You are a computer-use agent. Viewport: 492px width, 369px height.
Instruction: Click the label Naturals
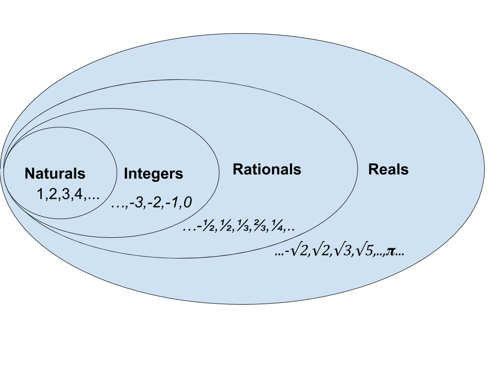tap(55, 173)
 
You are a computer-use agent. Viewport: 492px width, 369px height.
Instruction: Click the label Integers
tap(153, 173)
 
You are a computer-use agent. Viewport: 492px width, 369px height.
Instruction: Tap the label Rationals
tap(267, 169)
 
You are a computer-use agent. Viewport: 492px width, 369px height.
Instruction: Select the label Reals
tap(388, 169)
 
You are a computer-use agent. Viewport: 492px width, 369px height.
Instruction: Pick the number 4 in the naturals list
tap(78, 195)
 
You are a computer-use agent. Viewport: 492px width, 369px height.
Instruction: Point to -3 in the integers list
tap(136, 203)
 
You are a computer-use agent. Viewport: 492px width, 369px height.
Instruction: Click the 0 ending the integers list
tap(187, 203)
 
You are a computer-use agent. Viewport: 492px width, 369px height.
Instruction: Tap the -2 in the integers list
tap(154, 203)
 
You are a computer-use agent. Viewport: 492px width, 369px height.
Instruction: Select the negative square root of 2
tap(297, 251)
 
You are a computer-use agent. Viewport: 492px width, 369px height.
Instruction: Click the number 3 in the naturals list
tap(66, 195)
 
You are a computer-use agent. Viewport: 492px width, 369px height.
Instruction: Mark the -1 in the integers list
tap(172, 203)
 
